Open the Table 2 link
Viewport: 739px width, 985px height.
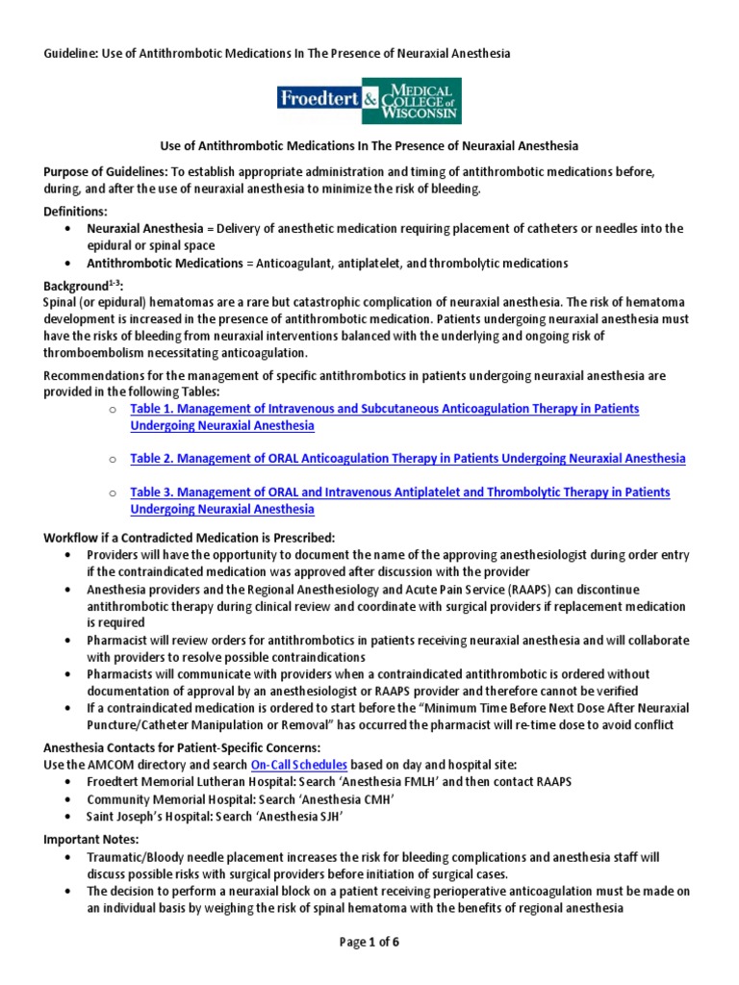[x=408, y=458]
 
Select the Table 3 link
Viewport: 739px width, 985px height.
[x=399, y=492]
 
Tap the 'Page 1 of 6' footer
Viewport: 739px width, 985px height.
[x=369, y=942]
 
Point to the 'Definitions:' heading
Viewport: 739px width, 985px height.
[x=76, y=211]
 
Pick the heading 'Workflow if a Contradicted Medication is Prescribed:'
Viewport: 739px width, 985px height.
[x=190, y=538]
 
